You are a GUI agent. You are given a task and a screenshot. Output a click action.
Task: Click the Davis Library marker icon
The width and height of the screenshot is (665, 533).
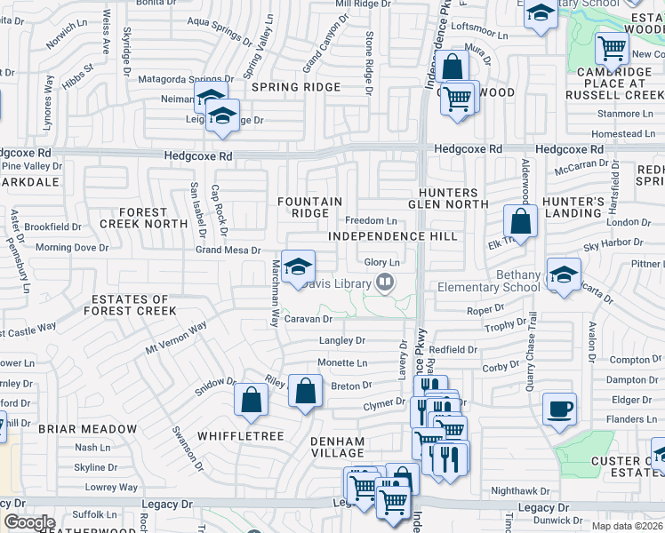click(x=385, y=282)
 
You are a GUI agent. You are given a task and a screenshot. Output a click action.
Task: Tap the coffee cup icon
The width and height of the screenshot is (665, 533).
click(x=559, y=409)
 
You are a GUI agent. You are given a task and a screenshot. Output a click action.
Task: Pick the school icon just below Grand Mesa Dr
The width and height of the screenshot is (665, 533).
click(x=298, y=266)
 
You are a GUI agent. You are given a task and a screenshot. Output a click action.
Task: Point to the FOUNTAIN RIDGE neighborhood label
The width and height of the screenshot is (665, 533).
click(x=309, y=208)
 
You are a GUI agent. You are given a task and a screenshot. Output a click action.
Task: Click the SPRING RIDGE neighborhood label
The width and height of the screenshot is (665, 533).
click(x=296, y=87)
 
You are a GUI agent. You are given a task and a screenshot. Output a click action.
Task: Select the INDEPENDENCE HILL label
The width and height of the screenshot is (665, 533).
click(x=392, y=236)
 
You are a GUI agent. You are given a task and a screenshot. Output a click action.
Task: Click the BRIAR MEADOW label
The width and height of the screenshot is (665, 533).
click(x=88, y=429)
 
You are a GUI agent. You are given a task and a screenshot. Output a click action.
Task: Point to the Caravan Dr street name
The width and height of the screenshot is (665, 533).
click(x=314, y=318)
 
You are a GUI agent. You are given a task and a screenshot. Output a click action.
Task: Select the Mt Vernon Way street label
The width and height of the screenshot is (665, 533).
click(x=177, y=338)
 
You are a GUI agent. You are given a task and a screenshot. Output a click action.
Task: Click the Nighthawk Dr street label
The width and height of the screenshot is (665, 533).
click(x=520, y=490)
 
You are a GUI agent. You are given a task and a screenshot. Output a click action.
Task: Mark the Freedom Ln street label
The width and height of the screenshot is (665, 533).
click(x=370, y=220)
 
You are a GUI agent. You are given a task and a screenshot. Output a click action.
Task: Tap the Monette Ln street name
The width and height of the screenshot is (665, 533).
click(x=342, y=363)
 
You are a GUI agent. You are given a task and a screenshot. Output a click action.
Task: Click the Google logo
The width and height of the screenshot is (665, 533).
click(x=29, y=522)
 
